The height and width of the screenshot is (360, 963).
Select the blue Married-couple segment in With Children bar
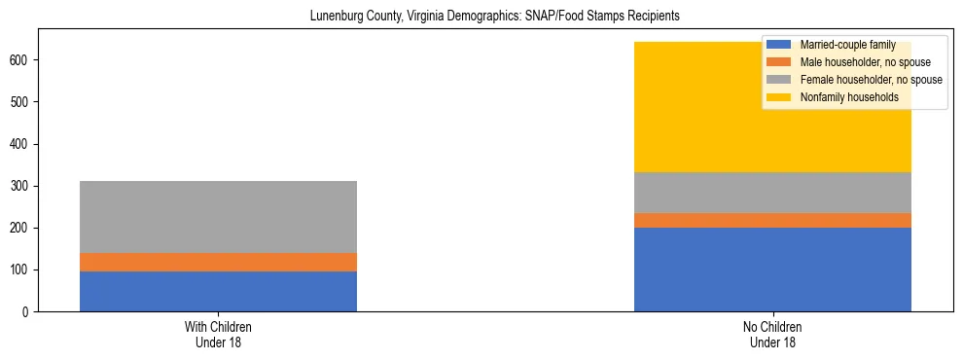point(218,291)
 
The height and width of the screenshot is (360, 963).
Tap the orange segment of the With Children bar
point(218,262)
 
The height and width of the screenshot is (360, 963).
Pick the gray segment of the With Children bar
point(218,216)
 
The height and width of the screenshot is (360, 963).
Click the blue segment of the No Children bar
point(772,270)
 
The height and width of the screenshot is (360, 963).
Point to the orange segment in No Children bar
point(772,220)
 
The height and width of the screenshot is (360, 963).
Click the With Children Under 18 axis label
point(218,334)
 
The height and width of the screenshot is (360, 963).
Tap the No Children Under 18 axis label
point(772,334)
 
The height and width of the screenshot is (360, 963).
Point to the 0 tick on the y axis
point(28,311)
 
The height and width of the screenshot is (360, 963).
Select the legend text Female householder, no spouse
point(871,80)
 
